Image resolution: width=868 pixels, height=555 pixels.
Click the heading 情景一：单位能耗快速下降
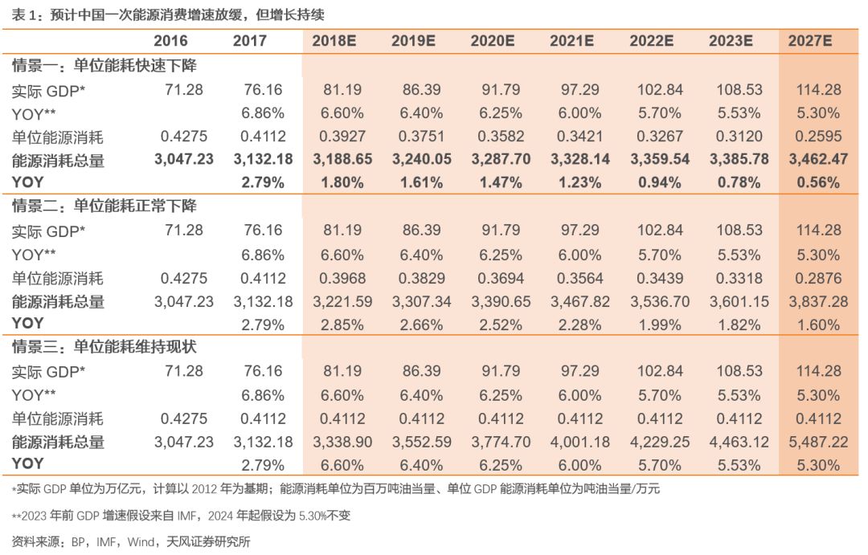[x=104, y=66]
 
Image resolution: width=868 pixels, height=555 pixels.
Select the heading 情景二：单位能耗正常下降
[x=104, y=206]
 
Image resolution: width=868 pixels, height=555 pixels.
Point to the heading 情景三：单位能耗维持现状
[x=104, y=347]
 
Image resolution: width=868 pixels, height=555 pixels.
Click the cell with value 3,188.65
[x=342, y=160]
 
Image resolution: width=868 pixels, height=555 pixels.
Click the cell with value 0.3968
[x=342, y=278]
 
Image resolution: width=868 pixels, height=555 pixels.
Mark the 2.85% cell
[x=342, y=324]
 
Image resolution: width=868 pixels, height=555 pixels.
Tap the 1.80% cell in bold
[x=342, y=183]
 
